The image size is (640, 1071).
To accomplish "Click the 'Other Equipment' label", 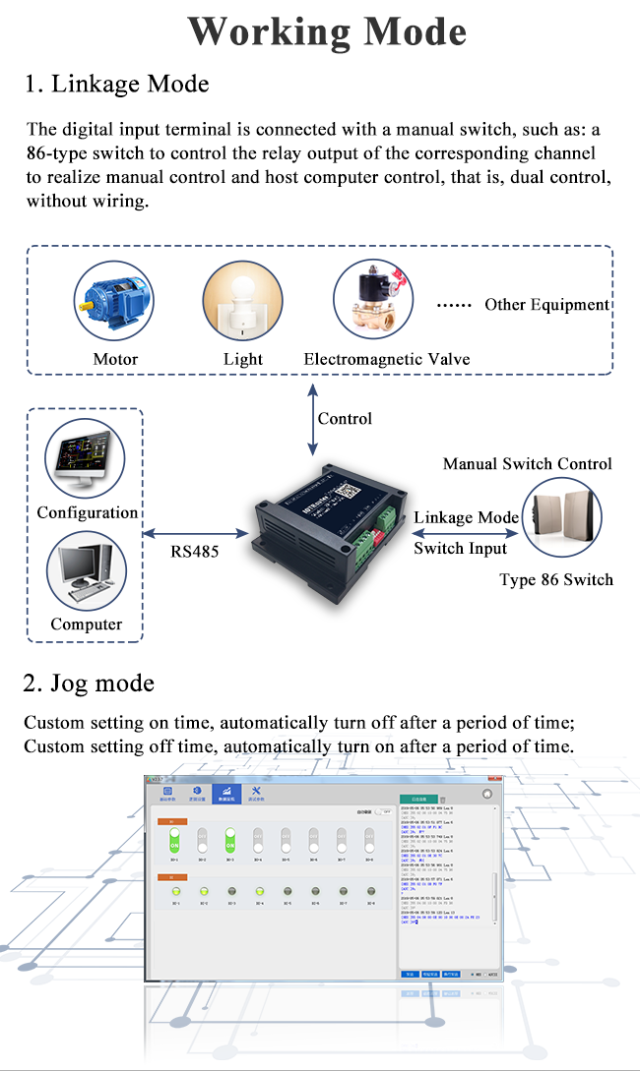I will click(546, 305).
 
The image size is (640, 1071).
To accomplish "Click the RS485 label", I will click(195, 552).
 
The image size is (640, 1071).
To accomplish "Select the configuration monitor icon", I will click(86, 458).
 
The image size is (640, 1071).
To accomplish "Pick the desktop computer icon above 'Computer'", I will click(86, 572).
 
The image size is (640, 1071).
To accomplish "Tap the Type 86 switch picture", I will click(561, 519).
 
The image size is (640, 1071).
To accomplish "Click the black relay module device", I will click(325, 531).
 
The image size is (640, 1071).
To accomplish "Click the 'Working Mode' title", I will click(327, 31).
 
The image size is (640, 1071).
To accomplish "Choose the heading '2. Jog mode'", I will click(89, 683).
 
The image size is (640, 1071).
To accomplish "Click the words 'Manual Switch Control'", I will click(528, 464).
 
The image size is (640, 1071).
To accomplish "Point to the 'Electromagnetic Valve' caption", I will click(386, 359).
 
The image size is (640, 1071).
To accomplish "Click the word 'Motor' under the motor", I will click(115, 359).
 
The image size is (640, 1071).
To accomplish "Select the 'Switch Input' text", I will click(460, 548).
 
